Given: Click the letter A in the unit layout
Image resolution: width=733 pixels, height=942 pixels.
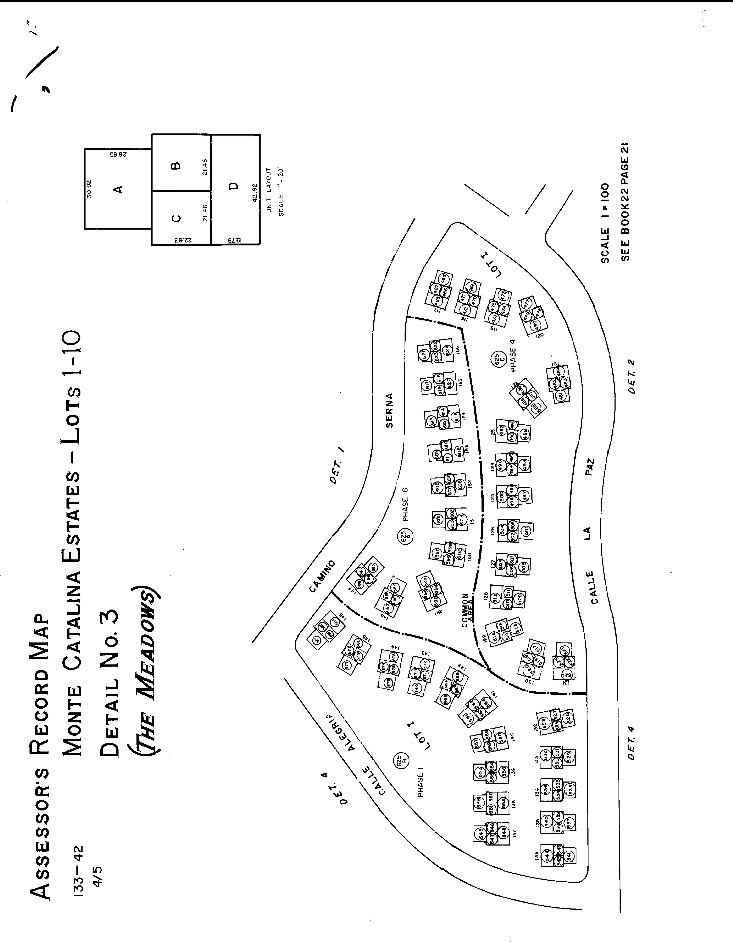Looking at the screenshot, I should coord(117,189).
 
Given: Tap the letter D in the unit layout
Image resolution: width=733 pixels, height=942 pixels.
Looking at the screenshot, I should coord(233,186).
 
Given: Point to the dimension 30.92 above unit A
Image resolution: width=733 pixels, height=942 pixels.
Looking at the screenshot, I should coord(89,189).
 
